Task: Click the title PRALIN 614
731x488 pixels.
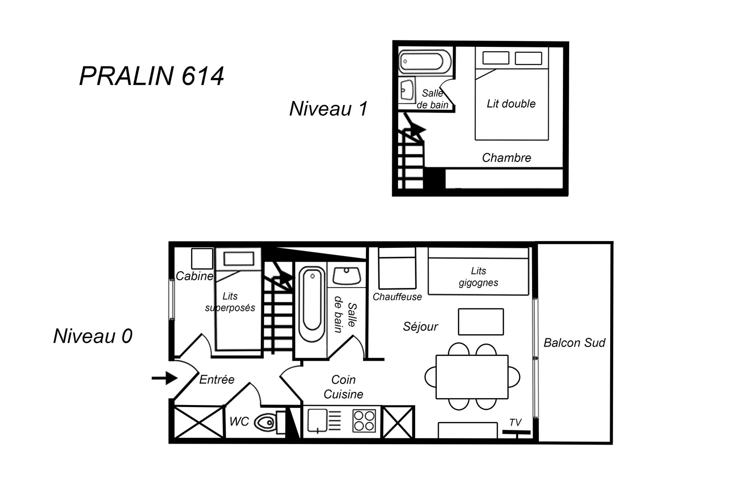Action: [x=152, y=76]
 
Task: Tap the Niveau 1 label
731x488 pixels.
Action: [x=328, y=108]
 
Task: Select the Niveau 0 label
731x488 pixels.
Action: [x=93, y=336]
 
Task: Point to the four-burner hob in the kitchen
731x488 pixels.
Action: [x=364, y=421]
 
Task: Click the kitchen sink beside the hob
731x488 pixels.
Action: [x=318, y=421]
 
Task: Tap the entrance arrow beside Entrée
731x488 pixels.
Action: [x=165, y=378]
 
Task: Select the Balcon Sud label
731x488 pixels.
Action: [x=575, y=343]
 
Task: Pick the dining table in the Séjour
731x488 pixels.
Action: [x=472, y=377]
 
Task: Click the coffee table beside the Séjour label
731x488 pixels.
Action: [x=481, y=322]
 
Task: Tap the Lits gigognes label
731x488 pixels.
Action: [x=479, y=277]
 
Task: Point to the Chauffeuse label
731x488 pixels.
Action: [x=397, y=297]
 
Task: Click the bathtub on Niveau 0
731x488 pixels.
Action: [x=312, y=304]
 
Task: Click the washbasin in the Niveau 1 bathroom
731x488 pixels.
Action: [x=407, y=90]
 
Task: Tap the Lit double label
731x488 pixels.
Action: [x=511, y=103]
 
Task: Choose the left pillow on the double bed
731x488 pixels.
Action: [x=496, y=58]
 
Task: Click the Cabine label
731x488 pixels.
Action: [x=194, y=276]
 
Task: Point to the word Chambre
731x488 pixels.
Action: [x=506, y=158]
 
